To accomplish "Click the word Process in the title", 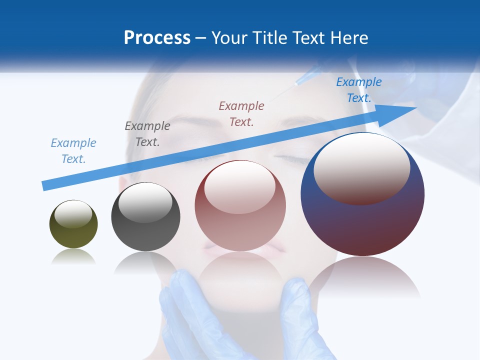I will coord(157,38).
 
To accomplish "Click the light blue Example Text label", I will coord(73,150).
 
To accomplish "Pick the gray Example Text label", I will coord(147,133).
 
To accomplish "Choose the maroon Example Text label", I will coord(241,113).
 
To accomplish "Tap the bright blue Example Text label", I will coord(359,89).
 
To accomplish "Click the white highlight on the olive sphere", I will coord(73,214).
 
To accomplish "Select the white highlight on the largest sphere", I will coord(361,167).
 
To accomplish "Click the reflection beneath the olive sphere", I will coord(73,257).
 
